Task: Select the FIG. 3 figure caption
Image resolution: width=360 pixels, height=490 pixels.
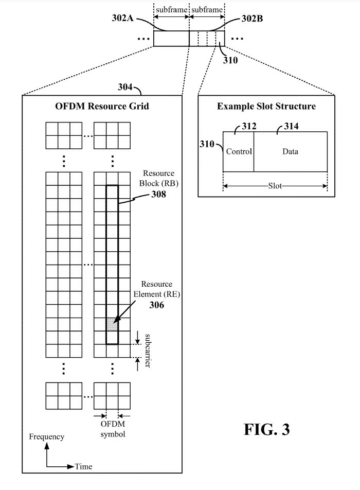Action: click(266, 430)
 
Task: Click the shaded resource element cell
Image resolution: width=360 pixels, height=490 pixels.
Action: click(112, 325)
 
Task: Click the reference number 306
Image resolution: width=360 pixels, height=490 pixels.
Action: click(157, 305)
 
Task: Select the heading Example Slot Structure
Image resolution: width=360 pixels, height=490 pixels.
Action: click(266, 107)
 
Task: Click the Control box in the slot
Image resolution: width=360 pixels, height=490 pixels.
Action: click(239, 151)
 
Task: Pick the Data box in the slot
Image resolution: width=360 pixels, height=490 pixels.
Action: click(291, 151)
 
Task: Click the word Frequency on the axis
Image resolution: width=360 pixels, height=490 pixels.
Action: click(47, 437)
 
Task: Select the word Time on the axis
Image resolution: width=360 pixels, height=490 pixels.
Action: click(84, 466)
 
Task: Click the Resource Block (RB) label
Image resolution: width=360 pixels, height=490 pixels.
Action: click(159, 178)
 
